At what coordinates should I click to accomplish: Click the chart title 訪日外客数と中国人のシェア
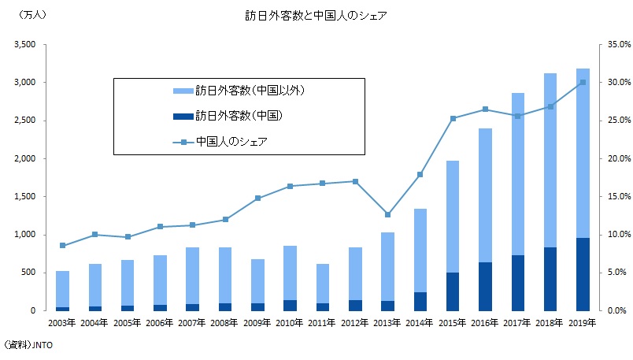click(x=316, y=15)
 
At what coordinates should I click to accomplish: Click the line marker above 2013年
click(x=387, y=214)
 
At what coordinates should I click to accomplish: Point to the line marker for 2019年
click(x=583, y=82)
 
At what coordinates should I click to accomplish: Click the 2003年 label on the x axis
click(x=62, y=324)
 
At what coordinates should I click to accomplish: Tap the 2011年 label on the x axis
click(x=322, y=324)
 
